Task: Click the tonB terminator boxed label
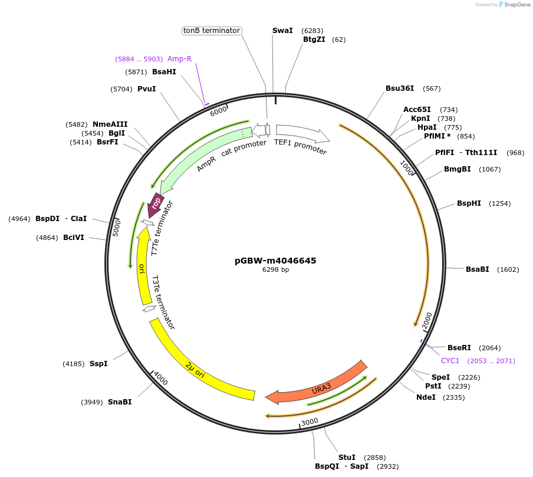212,31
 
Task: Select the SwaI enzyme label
282,31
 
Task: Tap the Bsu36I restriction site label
400,88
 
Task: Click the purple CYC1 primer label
450,360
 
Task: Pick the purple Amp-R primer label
179,59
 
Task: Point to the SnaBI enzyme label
120,402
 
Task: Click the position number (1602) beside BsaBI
508,269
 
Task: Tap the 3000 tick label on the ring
310,422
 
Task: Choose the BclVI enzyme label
74,238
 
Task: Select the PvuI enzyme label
147,89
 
